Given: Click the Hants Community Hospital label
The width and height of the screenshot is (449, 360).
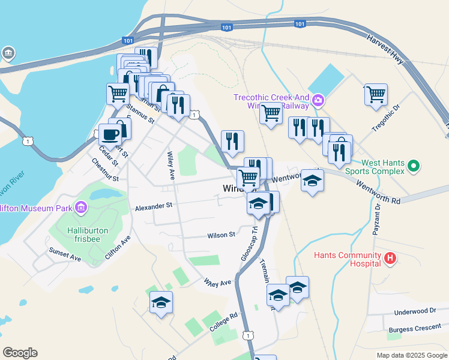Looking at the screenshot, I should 347,259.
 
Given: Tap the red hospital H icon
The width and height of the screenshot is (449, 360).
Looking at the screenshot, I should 390,259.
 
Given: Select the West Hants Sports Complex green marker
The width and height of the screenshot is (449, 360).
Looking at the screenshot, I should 413,166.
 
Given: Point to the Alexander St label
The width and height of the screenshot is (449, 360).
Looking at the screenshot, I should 154,206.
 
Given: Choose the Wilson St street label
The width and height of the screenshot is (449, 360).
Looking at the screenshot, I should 221,235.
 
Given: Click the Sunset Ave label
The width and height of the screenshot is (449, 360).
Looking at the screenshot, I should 65,254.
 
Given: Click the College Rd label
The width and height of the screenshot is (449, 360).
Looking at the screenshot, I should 224,322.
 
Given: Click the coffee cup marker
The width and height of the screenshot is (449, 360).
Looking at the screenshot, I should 110,134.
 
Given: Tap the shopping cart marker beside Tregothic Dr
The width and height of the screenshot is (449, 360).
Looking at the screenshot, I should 375,94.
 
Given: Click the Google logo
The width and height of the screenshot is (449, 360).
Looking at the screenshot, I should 20,353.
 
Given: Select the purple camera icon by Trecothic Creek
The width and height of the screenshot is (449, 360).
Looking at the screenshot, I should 318,100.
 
